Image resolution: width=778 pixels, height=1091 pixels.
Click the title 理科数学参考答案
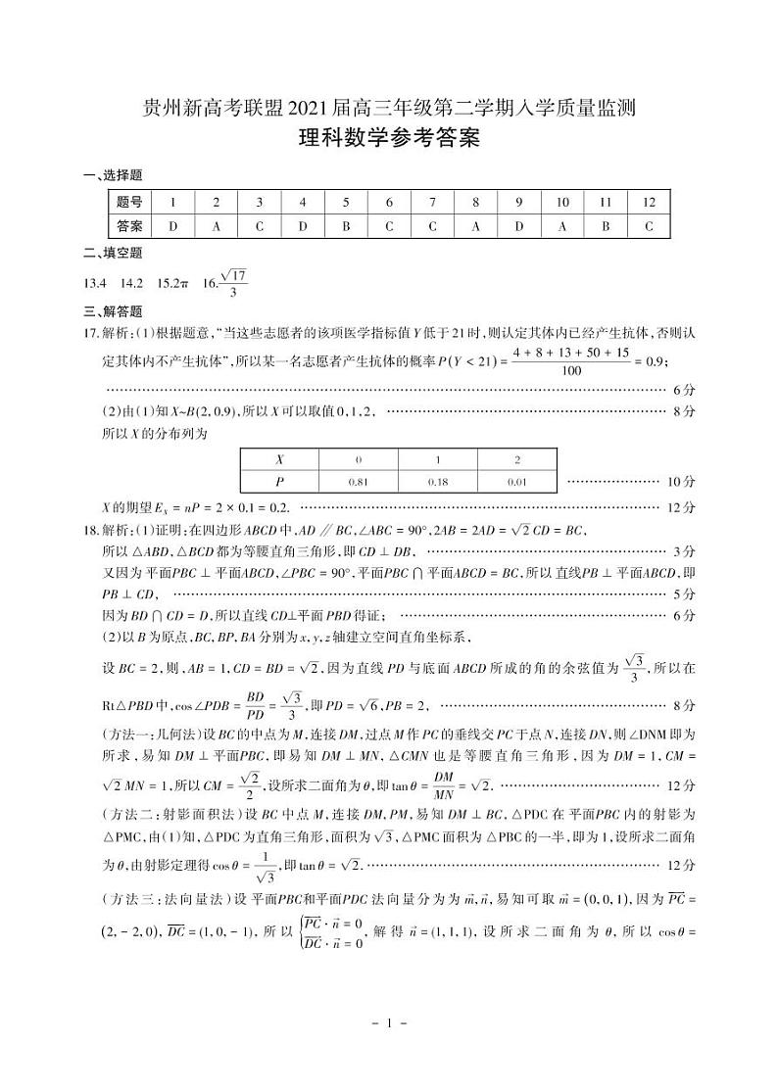(x=389, y=139)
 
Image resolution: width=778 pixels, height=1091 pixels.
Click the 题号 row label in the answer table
(x=129, y=203)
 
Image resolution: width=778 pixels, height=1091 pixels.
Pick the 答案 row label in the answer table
(x=129, y=226)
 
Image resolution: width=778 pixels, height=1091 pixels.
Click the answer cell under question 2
(x=216, y=226)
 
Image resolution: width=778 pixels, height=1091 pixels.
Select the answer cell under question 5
(x=346, y=226)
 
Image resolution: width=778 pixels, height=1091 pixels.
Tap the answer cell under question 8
(x=475, y=226)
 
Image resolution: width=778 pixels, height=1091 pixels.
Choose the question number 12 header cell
(x=649, y=203)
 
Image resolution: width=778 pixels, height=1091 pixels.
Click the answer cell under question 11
(x=606, y=226)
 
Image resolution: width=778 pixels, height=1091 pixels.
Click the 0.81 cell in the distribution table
(x=359, y=482)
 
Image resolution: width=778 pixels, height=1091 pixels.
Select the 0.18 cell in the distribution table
(x=438, y=482)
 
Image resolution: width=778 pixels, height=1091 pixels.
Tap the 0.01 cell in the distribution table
(x=517, y=482)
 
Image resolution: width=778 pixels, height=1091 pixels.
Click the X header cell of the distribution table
(x=280, y=458)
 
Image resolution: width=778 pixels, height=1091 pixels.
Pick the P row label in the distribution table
(x=280, y=482)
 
